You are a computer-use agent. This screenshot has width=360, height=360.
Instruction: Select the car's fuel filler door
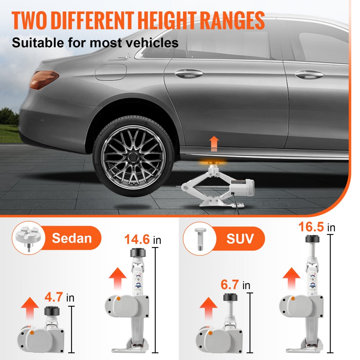111,72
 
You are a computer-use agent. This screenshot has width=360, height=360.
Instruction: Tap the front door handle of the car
309,75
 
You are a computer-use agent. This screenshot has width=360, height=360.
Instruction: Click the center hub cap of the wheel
134,157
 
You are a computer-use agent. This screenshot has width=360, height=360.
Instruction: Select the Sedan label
72,238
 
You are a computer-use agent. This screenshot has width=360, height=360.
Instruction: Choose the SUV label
240,238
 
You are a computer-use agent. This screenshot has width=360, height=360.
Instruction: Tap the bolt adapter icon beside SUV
199,238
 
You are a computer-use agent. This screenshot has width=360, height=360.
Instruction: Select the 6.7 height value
230,285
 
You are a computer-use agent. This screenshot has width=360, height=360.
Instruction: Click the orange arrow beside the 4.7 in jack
30,307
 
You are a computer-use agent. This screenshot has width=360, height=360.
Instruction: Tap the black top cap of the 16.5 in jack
314,239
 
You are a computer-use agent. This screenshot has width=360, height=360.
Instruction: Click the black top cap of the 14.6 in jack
138,252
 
